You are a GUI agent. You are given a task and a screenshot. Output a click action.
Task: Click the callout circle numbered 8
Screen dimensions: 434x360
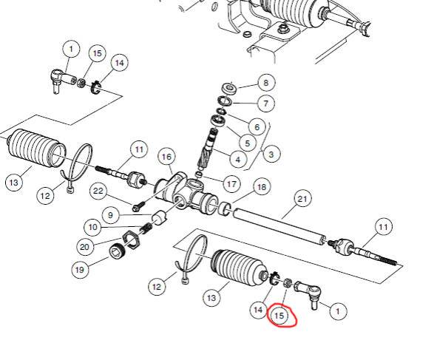pyautogui.click(x=266, y=83)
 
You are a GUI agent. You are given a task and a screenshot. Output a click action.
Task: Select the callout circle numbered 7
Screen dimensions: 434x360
pyautogui.click(x=266, y=103)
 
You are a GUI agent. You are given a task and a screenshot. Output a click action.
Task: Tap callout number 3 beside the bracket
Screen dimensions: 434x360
pyautogui.click(x=271, y=154)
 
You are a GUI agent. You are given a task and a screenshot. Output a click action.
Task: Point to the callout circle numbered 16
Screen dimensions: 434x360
pyautogui.click(x=166, y=157)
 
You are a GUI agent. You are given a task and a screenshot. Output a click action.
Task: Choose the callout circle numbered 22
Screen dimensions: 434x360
pyautogui.click(x=98, y=191)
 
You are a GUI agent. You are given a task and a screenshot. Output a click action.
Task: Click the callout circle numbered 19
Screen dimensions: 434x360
pyautogui.click(x=80, y=270)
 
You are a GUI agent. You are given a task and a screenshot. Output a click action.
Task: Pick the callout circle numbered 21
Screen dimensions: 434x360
pyautogui.click(x=302, y=199)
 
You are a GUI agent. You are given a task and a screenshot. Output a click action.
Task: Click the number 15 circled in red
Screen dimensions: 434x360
pyautogui.click(x=279, y=316)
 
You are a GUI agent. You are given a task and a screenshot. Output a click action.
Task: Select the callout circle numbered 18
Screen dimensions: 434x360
pyautogui.click(x=262, y=187)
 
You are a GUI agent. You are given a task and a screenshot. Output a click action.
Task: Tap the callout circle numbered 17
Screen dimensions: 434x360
pyautogui.click(x=231, y=184)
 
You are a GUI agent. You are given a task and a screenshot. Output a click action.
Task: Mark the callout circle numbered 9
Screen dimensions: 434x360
pyautogui.click(x=110, y=215)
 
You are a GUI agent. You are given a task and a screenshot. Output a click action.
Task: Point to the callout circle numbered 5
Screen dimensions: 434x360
pyautogui.click(x=248, y=143)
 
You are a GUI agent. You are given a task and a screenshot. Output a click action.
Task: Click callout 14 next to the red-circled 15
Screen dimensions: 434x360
pyautogui.click(x=258, y=309)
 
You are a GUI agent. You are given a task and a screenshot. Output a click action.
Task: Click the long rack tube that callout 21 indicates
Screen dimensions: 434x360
pyautogui.click(x=279, y=227)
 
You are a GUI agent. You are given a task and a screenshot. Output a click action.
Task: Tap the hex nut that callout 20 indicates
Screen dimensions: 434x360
pyautogui.click(x=132, y=240)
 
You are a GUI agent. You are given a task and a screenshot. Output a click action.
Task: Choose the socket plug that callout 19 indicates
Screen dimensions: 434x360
pyautogui.click(x=118, y=251)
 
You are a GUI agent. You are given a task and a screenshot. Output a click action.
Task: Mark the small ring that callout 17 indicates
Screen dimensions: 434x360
pyautogui.click(x=198, y=174)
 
